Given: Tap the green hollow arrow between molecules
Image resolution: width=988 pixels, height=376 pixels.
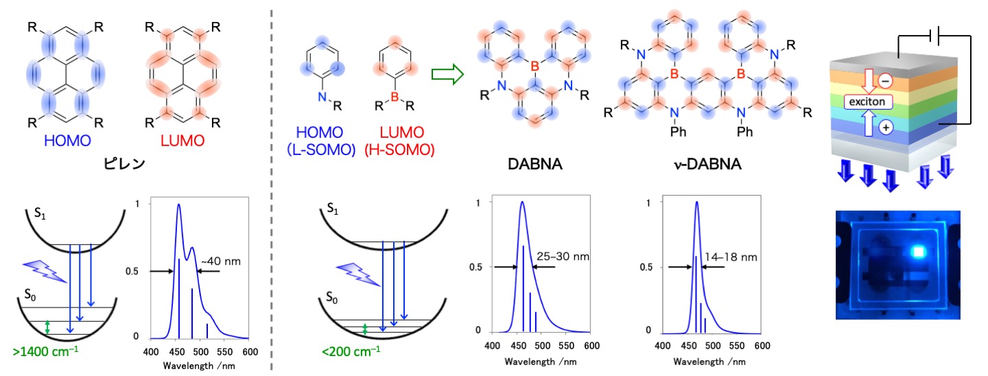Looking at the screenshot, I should click(446, 73).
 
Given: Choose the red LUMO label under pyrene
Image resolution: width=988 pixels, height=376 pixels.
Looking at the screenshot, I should click(182, 141).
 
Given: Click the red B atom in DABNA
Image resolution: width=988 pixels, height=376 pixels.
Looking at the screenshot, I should click(535, 67).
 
